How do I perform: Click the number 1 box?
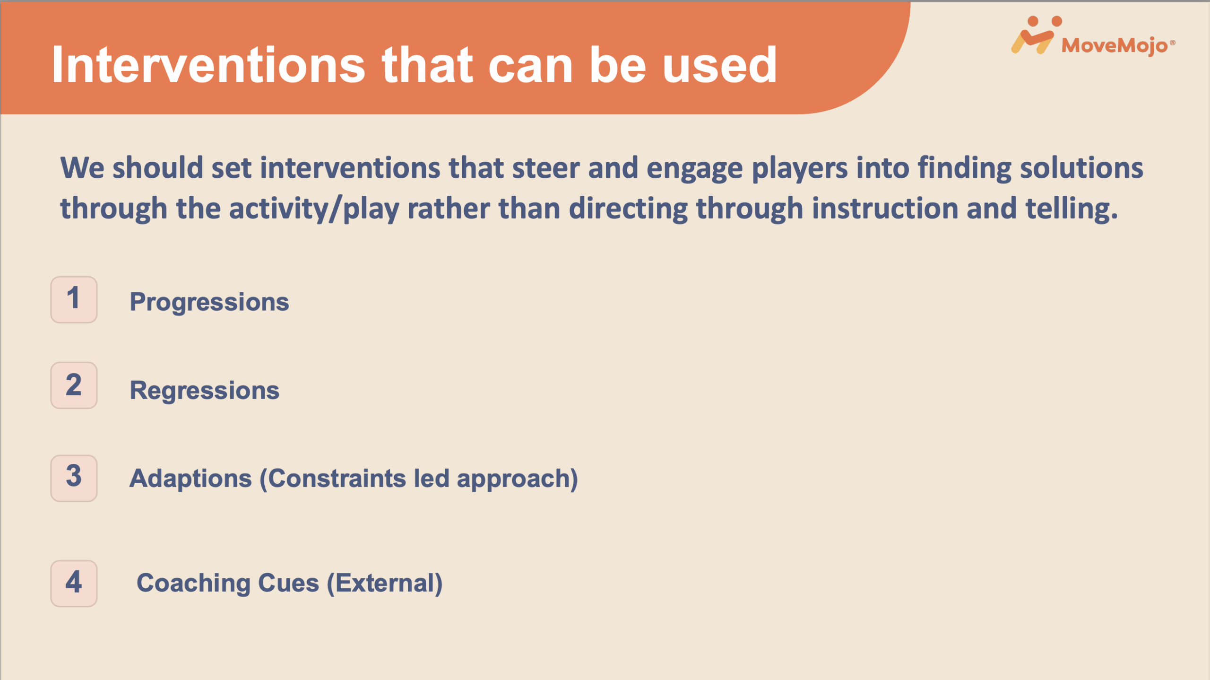74,300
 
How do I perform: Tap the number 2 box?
74,385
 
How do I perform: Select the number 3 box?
74,478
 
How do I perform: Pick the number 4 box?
74,584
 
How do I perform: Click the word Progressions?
209,303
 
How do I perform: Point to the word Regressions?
205,391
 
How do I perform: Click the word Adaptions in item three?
190,479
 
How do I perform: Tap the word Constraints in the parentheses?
333,479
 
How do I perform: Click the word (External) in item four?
385,584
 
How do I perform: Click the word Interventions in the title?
208,65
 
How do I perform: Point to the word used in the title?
719,65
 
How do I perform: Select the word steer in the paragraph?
546,168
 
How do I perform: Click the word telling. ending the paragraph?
1072,209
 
